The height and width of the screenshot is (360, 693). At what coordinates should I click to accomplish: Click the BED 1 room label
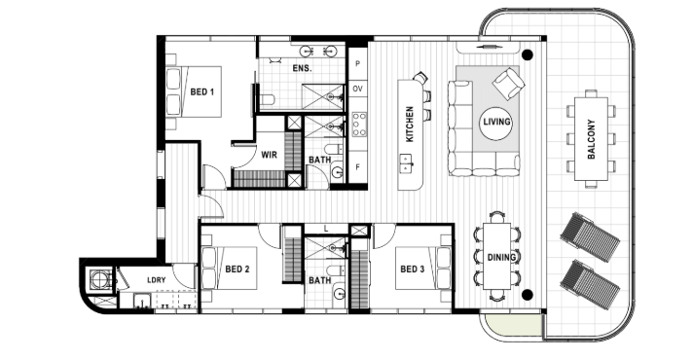coord(202,91)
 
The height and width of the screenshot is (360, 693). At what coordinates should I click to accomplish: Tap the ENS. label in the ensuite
coord(302,68)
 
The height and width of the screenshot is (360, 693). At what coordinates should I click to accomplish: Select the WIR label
coord(269,155)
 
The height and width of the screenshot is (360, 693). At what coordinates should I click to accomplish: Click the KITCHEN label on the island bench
coord(410,125)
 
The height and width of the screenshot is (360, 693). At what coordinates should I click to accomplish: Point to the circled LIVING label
coord(496,122)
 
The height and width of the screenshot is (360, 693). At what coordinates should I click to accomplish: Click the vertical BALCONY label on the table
coord(592,139)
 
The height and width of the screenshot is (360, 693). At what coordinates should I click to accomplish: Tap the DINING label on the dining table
coord(501,257)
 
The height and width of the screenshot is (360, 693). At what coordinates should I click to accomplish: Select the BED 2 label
coord(237,269)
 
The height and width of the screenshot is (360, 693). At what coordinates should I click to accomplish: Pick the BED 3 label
coord(413,269)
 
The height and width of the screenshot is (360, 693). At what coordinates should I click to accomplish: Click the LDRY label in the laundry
coord(156,280)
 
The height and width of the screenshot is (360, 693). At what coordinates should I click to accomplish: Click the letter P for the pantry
coord(357,63)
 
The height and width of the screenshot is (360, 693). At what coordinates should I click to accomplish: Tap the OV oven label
coord(357,89)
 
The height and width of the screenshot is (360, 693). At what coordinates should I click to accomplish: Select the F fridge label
coord(357,167)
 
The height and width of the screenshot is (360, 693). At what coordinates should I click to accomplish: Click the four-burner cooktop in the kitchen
coord(359,125)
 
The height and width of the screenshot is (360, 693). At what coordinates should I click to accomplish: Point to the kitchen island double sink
coord(406,162)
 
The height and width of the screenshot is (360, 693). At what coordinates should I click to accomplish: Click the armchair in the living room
coord(508,83)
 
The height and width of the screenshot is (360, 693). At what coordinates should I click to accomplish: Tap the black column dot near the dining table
coord(527,295)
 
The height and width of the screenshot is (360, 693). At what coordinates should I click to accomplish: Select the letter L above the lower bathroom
coord(326,229)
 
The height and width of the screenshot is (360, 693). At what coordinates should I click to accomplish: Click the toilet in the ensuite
coord(267,100)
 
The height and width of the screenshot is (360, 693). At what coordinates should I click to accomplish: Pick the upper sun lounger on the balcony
coord(590,237)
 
